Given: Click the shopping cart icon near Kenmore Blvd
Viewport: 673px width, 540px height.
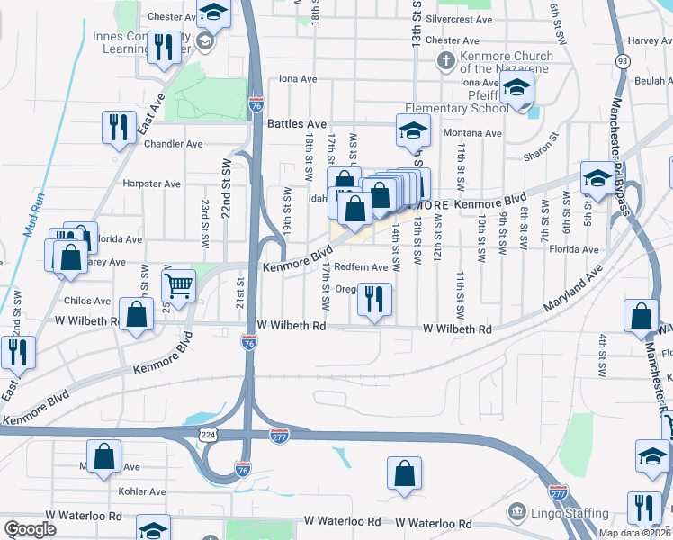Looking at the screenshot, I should click(x=179, y=285).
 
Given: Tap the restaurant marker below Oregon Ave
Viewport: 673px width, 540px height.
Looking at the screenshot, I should click(x=373, y=298).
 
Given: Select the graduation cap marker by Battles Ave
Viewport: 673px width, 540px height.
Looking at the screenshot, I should click(x=412, y=132).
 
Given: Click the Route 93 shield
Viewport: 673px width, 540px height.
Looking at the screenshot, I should click(x=623, y=61).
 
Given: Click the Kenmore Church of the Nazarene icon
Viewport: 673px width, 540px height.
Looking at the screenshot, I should click(x=444, y=62).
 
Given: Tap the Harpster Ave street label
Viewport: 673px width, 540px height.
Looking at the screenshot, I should click(x=151, y=184).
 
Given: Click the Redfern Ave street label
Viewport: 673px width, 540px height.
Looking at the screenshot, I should click(x=361, y=267).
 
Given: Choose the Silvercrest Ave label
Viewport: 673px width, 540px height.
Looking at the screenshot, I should click(x=460, y=19).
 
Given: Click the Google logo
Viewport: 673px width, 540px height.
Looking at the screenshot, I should click(x=30, y=529).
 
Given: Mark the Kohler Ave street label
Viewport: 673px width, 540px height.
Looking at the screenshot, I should click(x=142, y=491).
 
